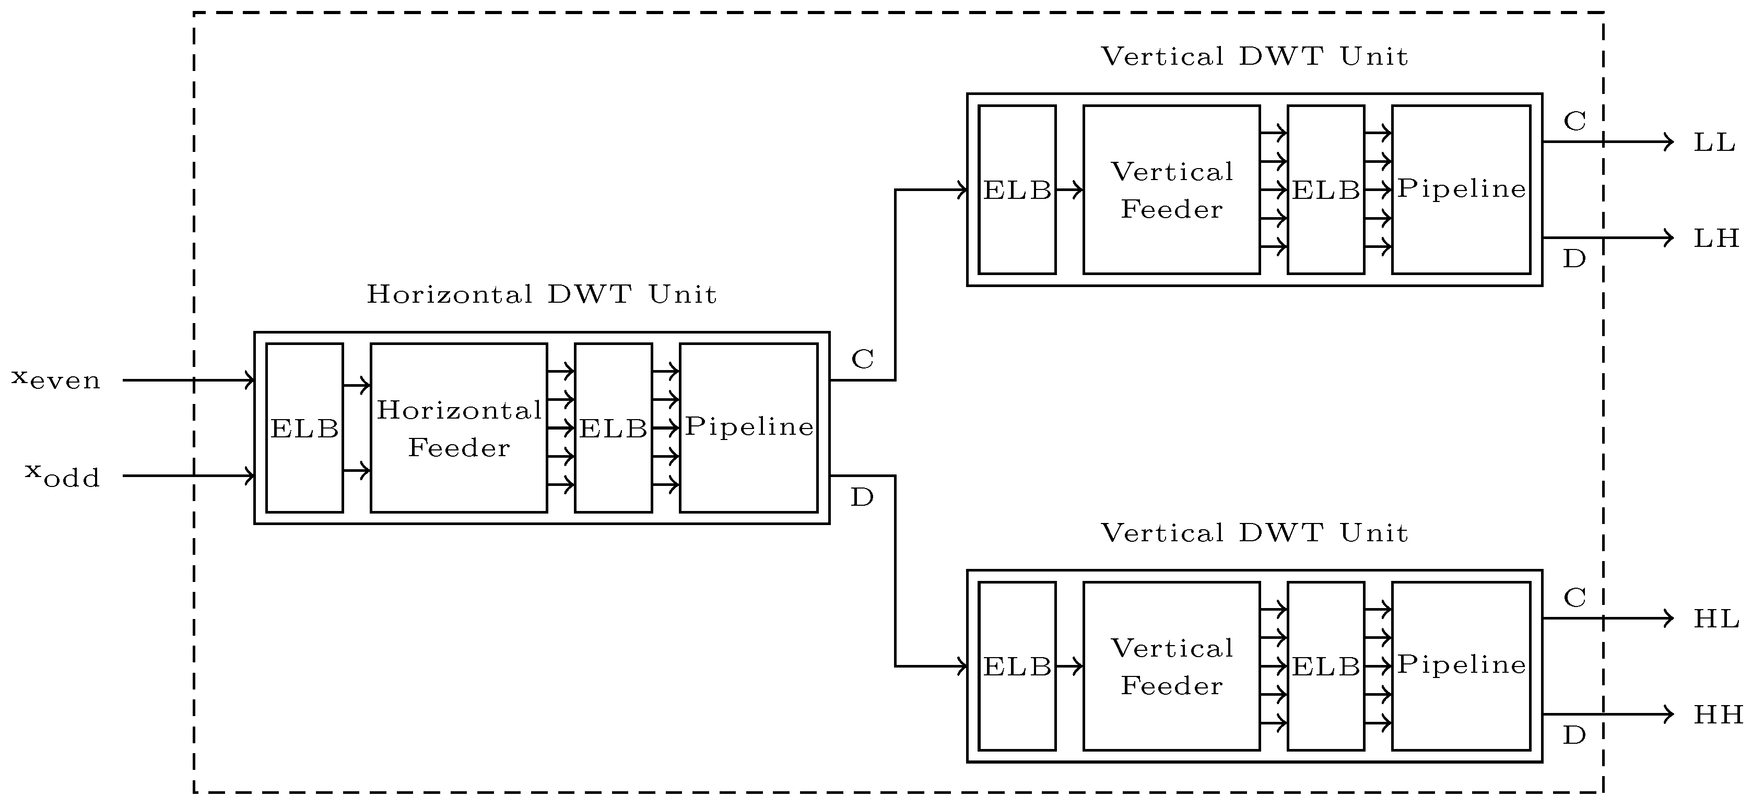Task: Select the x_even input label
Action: click(56, 379)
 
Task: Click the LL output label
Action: click(1714, 143)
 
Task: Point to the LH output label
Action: click(1716, 238)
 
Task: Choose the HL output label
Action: click(1716, 618)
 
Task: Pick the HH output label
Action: click(1718, 715)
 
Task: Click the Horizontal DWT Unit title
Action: click(542, 294)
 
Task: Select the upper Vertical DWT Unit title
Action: click(1253, 56)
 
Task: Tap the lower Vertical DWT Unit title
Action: click(1253, 532)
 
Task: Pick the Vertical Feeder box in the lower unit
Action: click(1171, 666)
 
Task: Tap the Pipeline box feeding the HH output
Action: click(1461, 666)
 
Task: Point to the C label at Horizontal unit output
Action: click(862, 359)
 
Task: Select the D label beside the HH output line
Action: click(1574, 735)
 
